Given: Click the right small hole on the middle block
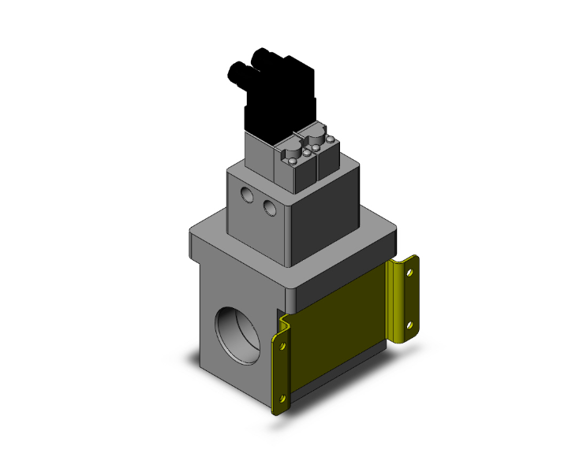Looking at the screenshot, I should (x=270, y=207).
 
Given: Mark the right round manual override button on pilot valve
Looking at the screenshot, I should (x=316, y=136).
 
